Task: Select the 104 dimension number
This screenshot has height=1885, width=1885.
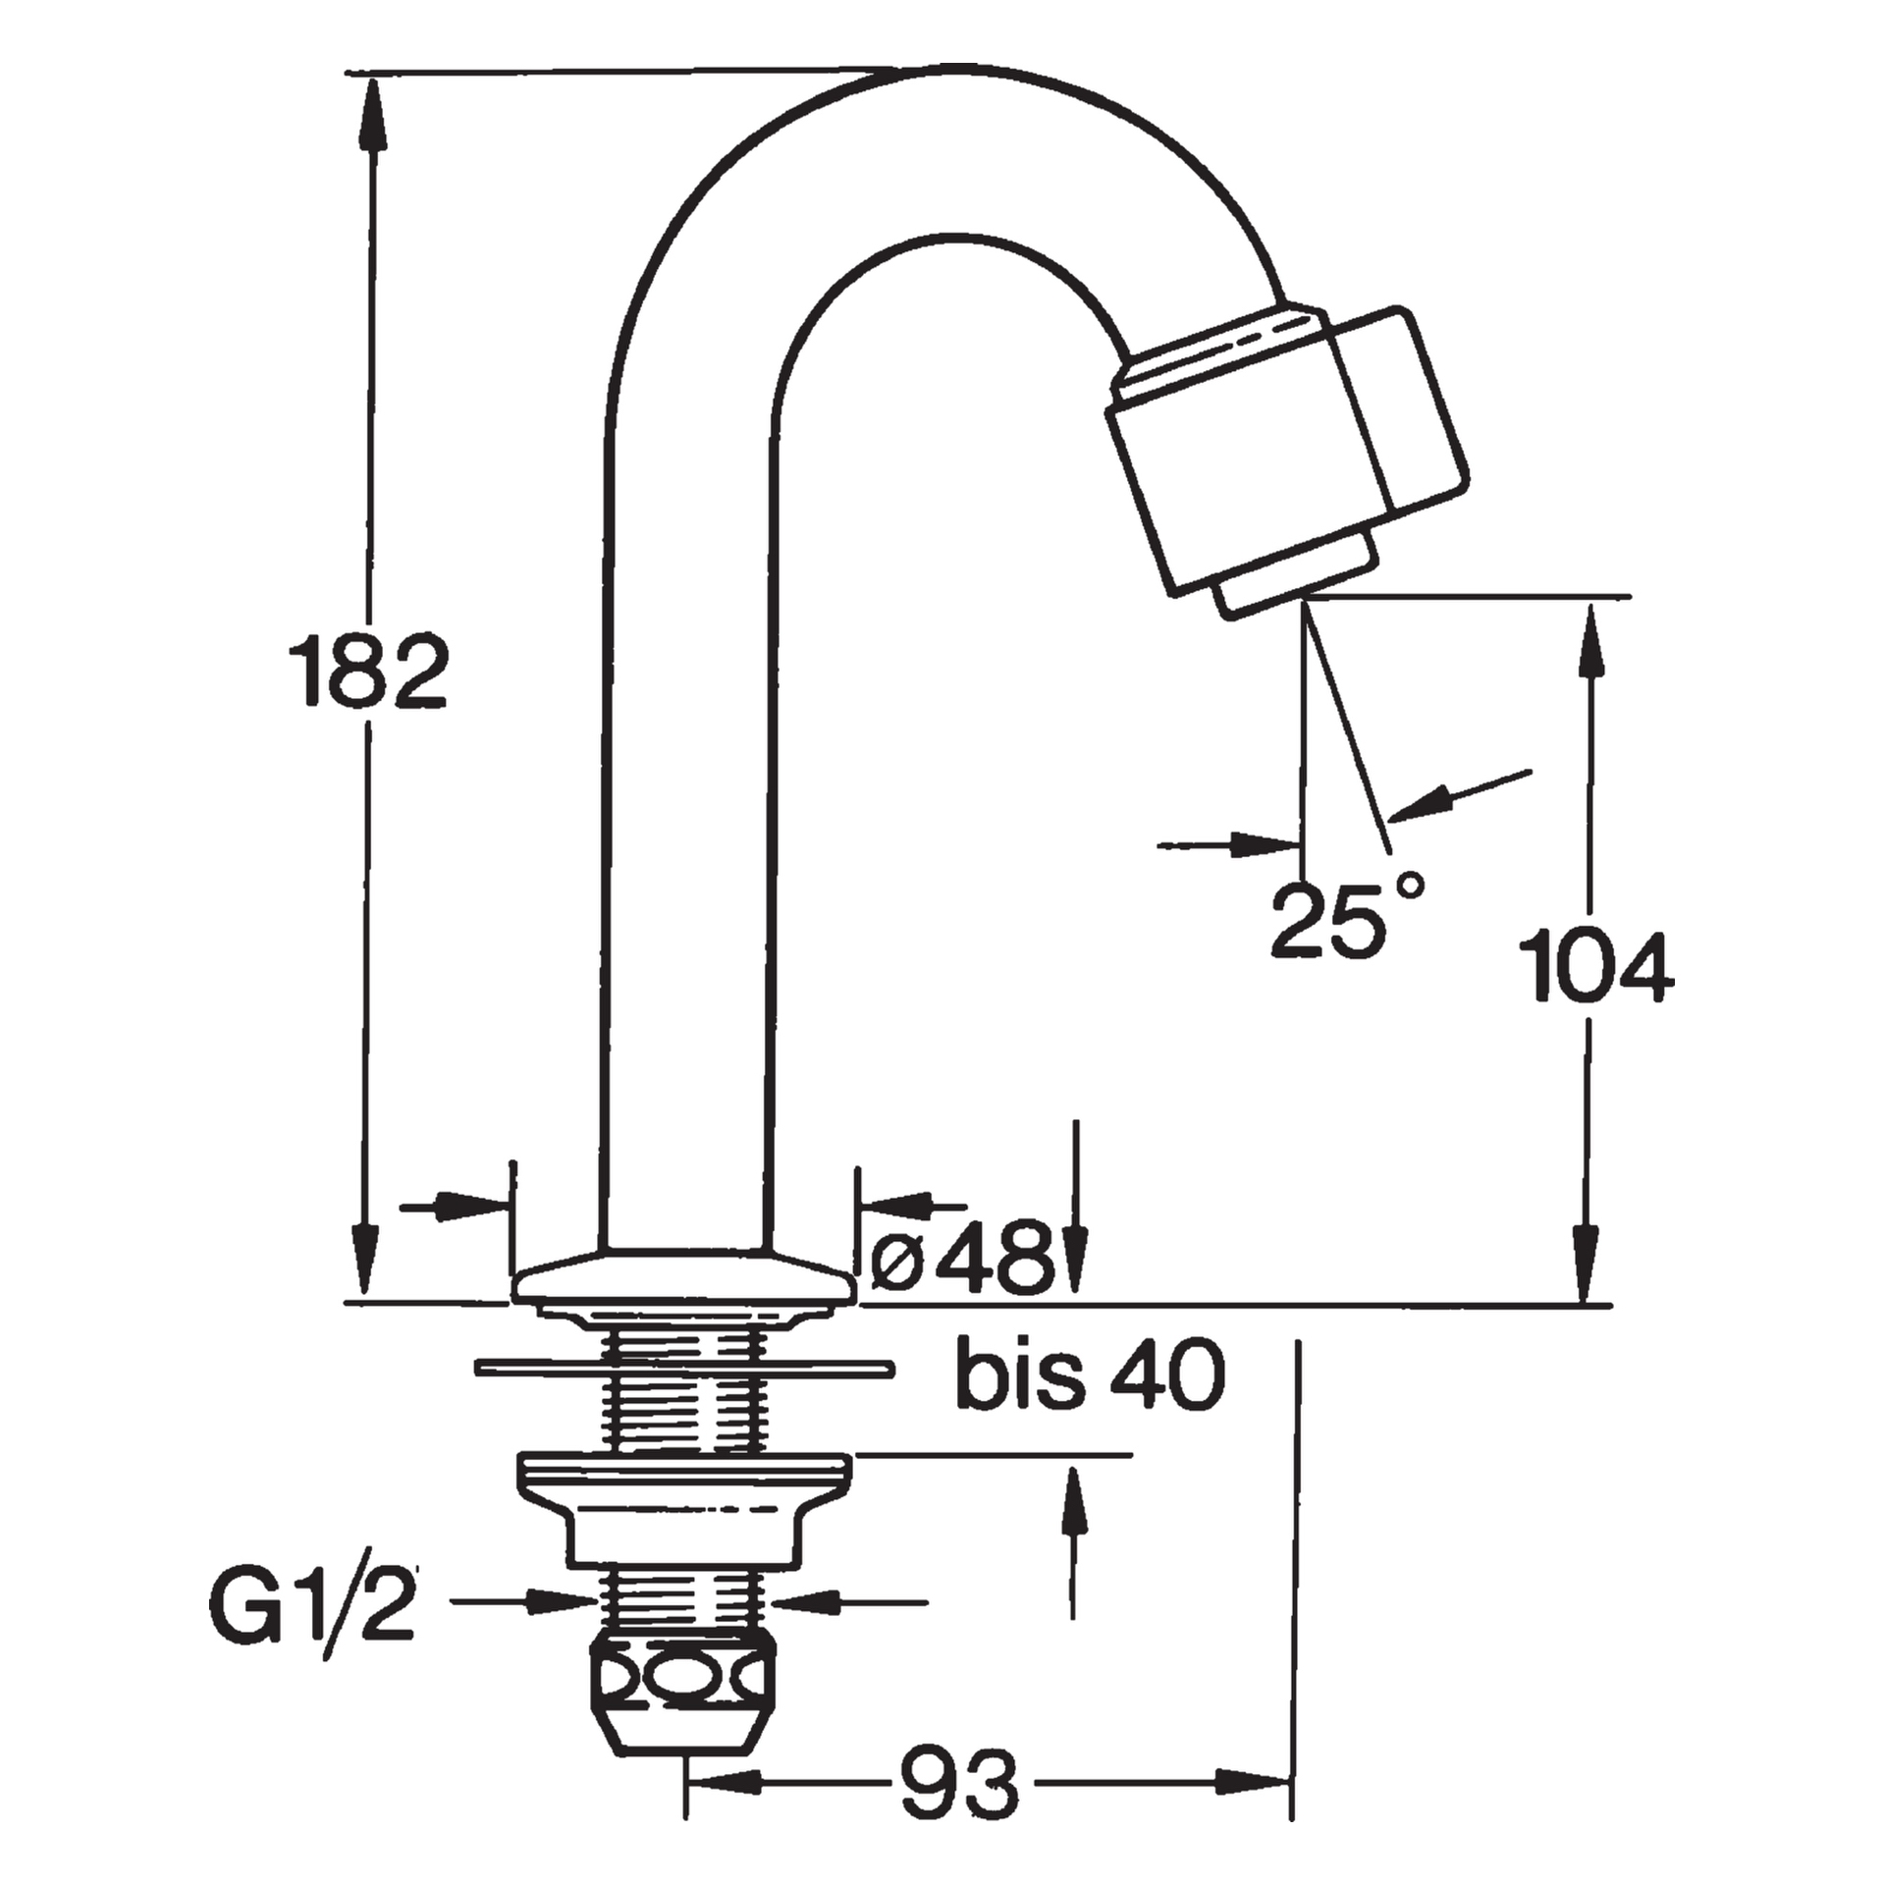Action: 1596,966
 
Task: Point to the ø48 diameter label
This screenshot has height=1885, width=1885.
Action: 963,1258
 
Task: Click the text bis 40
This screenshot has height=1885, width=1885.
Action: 1091,1374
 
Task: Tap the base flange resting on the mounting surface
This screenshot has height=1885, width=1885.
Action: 680,1276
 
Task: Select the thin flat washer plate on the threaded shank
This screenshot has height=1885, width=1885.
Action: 684,1367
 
